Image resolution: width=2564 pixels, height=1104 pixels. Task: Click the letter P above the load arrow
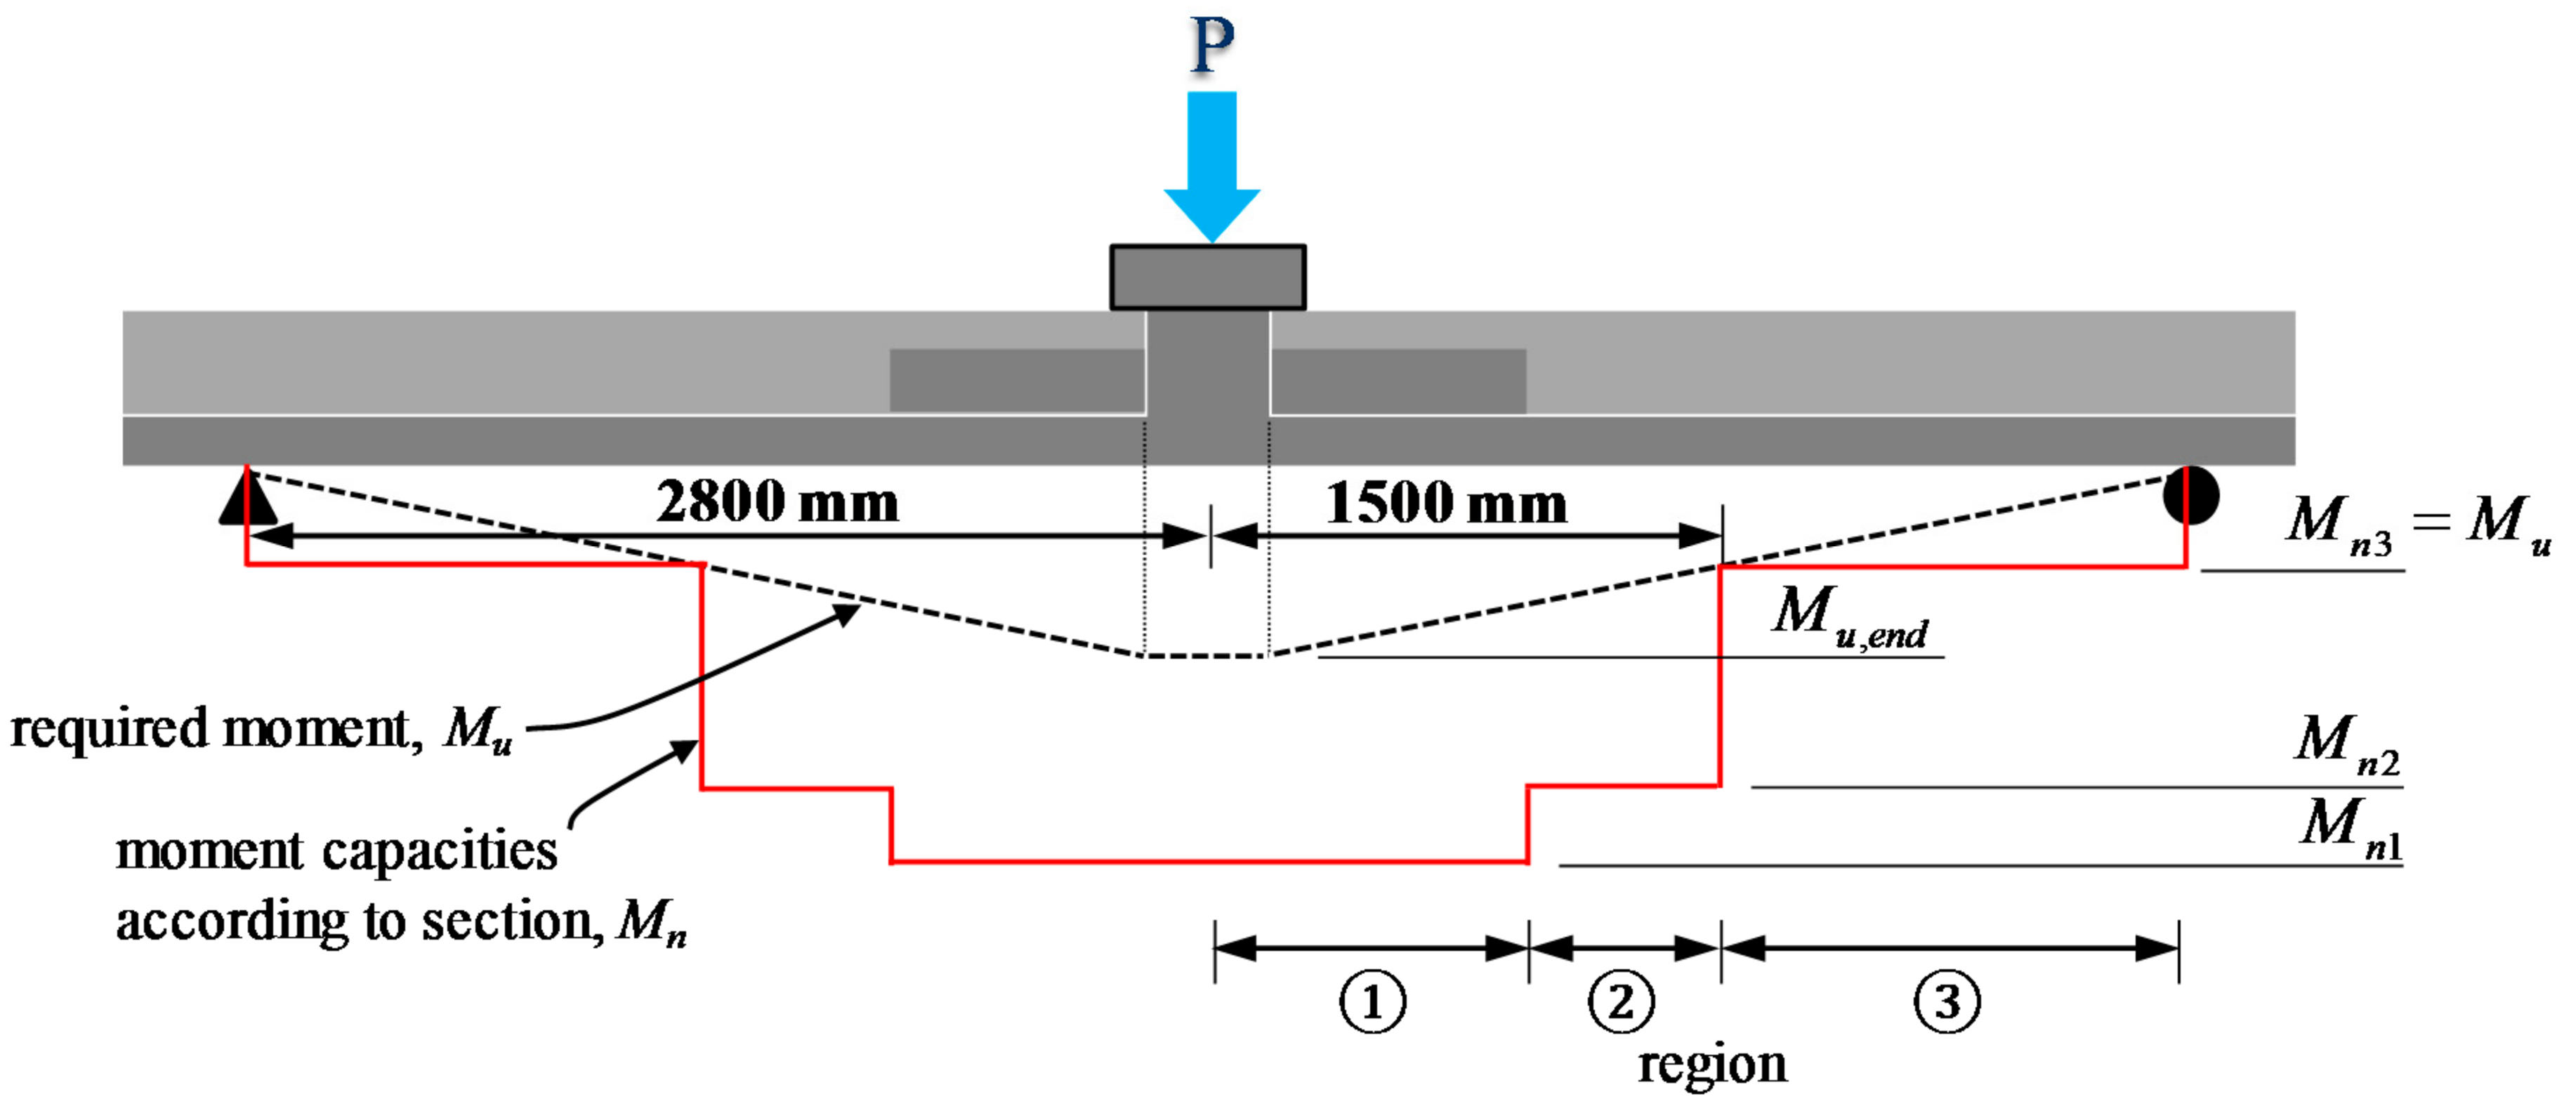pos(1211,45)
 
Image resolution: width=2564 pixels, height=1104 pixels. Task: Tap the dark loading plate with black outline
pos(1207,277)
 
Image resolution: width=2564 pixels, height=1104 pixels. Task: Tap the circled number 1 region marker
pos(1372,1001)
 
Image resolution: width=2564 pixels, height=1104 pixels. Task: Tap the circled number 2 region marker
pos(1620,1001)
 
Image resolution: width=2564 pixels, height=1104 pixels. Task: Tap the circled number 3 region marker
pos(1947,1001)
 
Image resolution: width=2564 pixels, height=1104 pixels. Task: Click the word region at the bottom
pos(1712,1063)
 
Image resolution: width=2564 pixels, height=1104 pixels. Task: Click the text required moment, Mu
pos(261,729)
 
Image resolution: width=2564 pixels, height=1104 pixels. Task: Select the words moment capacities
pos(336,851)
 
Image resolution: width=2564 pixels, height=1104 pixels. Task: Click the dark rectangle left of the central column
pos(1016,379)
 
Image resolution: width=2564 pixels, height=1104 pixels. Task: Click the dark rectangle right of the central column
pos(1398,379)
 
